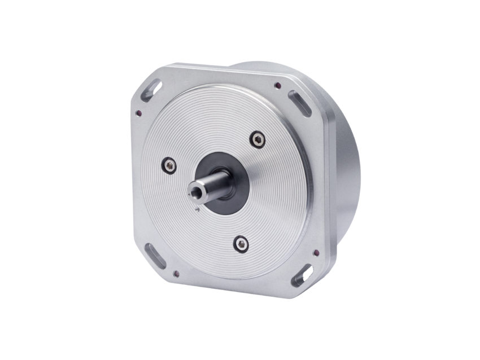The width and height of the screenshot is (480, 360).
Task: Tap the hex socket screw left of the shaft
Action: click(169, 165)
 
